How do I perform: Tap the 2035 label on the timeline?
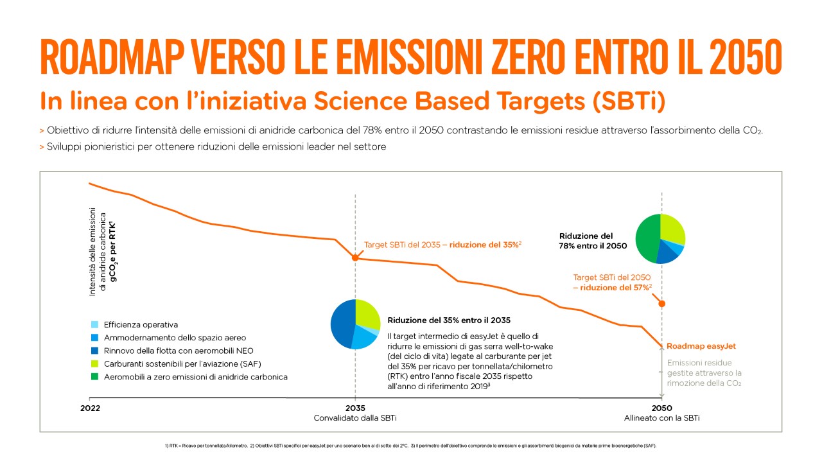coord(355,408)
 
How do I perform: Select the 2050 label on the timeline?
coord(661,408)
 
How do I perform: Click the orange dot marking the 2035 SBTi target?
coord(355,258)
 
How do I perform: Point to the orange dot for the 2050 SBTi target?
coord(662,303)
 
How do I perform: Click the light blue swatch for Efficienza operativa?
coord(96,325)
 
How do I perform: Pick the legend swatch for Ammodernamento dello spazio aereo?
coord(96,338)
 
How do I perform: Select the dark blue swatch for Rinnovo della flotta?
coord(96,351)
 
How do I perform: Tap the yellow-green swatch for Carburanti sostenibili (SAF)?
coord(96,363)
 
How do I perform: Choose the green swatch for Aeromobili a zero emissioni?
coord(96,376)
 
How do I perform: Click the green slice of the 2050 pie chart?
coord(646,238)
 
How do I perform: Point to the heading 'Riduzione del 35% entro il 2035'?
coord(449,320)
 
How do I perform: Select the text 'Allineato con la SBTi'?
coord(661,418)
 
